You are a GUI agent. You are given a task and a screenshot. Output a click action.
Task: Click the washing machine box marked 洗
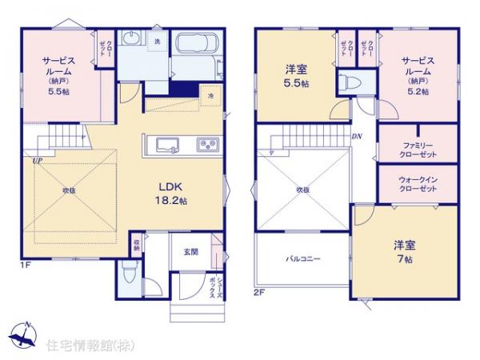pyautogui.click(x=157, y=41)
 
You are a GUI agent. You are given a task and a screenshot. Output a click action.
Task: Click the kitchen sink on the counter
pyautogui.click(x=169, y=145)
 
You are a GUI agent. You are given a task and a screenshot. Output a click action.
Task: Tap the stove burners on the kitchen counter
pyautogui.click(x=206, y=145)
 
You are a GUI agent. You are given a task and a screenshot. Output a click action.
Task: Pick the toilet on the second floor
pyautogui.click(x=346, y=83)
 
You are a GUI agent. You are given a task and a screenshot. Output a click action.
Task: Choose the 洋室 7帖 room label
pyautogui.click(x=402, y=252)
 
